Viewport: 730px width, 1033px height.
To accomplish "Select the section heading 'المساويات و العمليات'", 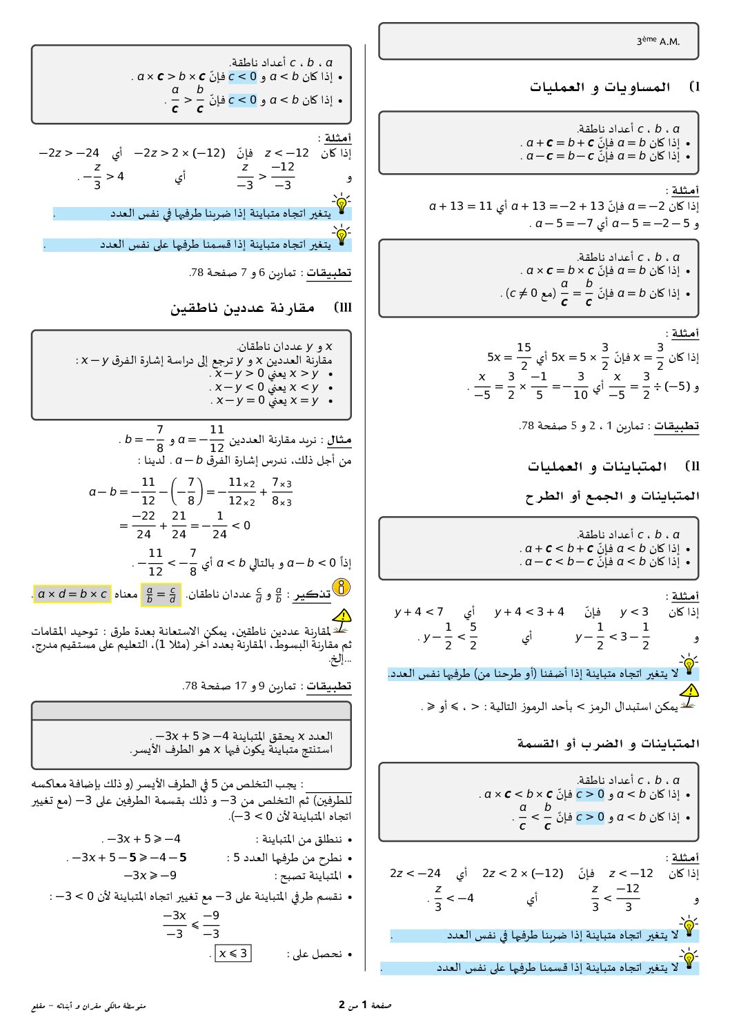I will [600, 87].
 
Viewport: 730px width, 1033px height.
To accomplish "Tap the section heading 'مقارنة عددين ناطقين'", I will [242, 308].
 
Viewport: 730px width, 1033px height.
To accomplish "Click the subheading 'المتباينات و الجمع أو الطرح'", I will [612, 496].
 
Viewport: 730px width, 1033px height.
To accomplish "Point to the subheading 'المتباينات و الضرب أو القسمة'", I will [608, 743].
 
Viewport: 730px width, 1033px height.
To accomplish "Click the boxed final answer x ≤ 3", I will [233, 954].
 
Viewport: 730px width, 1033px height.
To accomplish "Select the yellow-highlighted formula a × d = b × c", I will [72, 594].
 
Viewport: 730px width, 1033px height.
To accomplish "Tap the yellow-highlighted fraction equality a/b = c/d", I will [161, 594].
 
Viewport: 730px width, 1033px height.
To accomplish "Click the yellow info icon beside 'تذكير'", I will [342, 588].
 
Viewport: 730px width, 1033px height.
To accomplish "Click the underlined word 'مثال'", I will [339, 440].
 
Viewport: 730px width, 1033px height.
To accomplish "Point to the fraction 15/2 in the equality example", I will [524, 356].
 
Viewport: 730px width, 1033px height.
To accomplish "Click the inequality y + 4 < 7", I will [419, 611].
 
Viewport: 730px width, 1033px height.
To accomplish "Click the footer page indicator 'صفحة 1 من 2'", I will [365, 1005].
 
